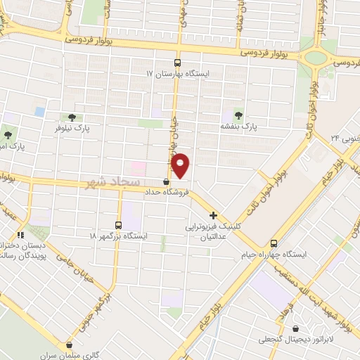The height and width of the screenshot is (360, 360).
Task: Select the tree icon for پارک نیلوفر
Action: pos(70,117)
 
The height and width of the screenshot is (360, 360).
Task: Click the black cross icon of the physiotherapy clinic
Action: pos(213,215)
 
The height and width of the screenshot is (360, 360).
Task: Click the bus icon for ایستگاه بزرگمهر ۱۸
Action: pos(117,225)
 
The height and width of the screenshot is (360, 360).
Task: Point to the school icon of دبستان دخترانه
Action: pos(20,235)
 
